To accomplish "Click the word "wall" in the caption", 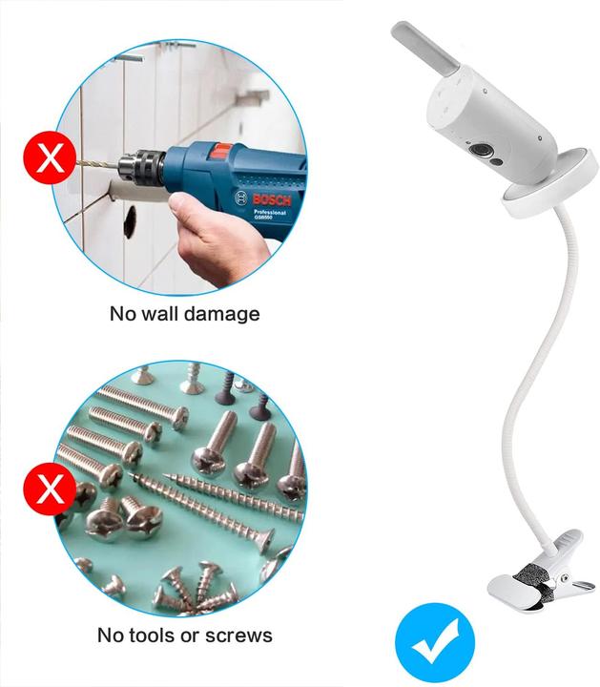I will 162,313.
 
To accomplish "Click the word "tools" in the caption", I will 155,635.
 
